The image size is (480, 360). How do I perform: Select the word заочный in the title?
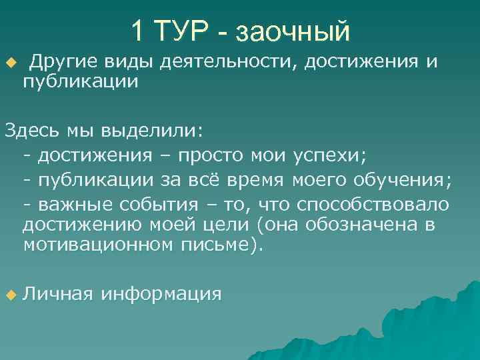pos(293,30)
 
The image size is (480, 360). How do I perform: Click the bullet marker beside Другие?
pos(9,63)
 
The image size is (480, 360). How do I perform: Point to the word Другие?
pos(64,62)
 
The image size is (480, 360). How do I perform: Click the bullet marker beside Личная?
pos(9,294)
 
